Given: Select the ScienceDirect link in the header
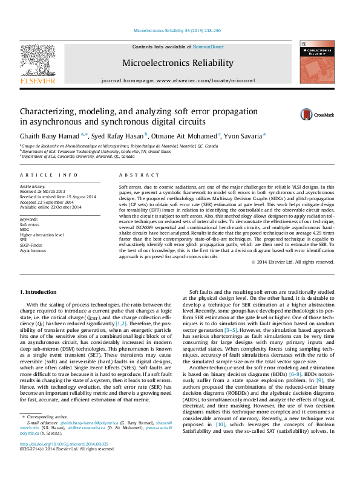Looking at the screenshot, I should pyautogui.click(x=208, y=47).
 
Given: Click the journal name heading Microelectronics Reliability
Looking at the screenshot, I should pyautogui.click(x=178, y=63).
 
